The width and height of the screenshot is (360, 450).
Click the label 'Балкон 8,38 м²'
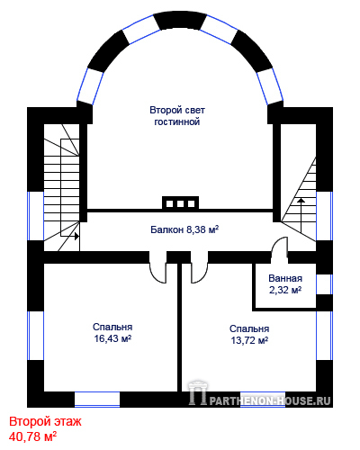[x=184, y=229]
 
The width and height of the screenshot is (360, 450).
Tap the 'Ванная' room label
[x=285, y=278]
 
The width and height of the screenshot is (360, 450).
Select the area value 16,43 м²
[x=112, y=338]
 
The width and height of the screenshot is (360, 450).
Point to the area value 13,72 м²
[x=249, y=340]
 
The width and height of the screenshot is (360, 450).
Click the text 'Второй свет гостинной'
[x=177, y=116]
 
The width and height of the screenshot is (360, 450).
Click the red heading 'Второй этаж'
[x=45, y=421]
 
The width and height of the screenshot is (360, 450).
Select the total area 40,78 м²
[x=32, y=436]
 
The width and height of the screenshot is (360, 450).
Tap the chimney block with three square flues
[x=180, y=203]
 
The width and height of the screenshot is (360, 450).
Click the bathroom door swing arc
[x=279, y=245]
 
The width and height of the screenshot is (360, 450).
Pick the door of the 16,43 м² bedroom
[x=158, y=273]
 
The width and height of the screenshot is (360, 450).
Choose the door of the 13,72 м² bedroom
[x=199, y=273]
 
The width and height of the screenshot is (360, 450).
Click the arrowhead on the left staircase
[x=77, y=236]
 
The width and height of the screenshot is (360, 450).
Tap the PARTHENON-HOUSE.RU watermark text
[x=270, y=400]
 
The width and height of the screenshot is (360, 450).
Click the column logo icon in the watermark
[x=198, y=392]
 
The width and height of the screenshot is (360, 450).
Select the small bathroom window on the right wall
[x=324, y=284]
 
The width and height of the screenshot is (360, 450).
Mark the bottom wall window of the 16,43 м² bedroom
[x=97, y=400]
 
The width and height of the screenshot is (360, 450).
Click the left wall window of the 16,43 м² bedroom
[x=35, y=336]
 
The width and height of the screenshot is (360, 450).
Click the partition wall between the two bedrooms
[x=180, y=327]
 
